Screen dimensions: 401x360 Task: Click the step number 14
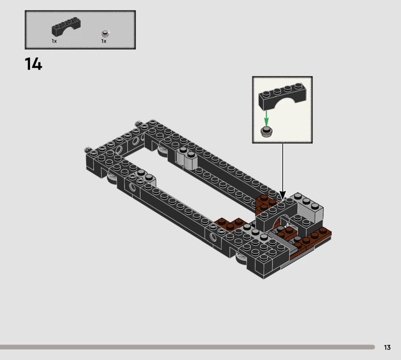[x=33, y=64]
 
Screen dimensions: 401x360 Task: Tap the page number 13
[x=387, y=347]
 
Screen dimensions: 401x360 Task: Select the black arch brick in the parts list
[x=66, y=27]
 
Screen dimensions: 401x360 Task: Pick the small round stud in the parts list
[x=105, y=34]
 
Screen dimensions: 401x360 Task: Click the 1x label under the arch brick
[x=54, y=41]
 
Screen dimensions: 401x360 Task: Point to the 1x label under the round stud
[x=104, y=41]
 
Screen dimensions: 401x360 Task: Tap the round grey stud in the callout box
[x=267, y=131]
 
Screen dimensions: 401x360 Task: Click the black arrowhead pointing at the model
[x=283, y=195]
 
